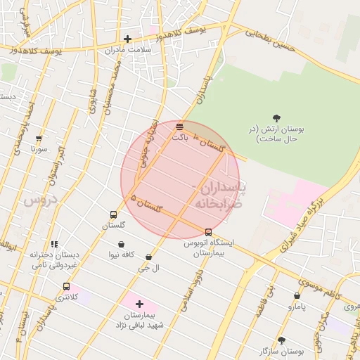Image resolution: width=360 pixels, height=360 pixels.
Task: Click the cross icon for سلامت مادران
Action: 127,39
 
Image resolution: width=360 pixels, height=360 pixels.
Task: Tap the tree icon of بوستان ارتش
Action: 276,118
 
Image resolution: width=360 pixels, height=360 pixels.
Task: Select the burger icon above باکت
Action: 180,127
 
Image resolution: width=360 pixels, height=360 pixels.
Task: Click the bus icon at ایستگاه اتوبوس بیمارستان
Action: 208,232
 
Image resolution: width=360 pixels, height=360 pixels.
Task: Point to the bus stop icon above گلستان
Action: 113,214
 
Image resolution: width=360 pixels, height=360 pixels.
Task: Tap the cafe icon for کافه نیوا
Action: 122,245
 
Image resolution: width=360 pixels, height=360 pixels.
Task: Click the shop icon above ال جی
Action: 148,257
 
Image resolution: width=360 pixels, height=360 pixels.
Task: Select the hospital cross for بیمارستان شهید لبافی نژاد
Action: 139,304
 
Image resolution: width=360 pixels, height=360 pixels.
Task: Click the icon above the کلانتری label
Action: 67,286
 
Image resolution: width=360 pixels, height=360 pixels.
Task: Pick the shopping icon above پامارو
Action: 297,296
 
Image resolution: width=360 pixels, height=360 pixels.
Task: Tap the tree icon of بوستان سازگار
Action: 282,340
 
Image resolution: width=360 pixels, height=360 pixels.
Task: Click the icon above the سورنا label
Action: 39,139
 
